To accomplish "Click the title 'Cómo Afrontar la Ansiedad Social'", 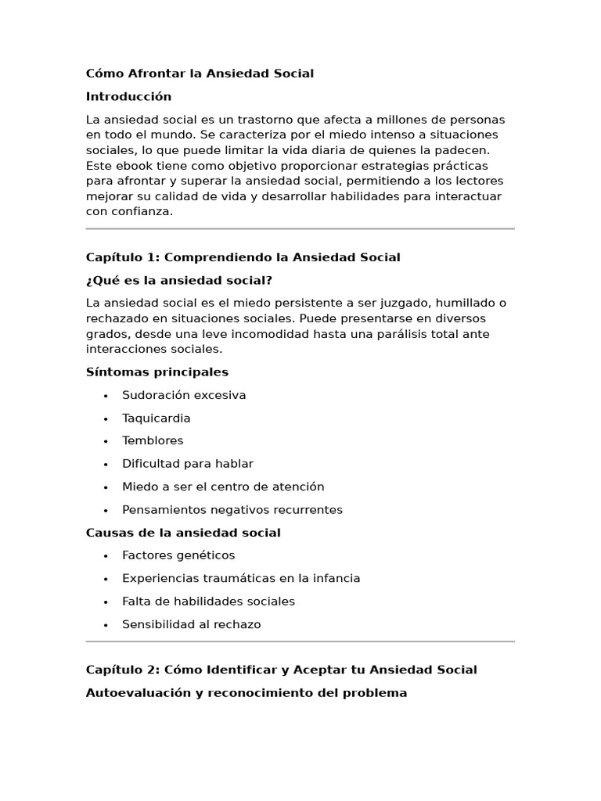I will point(200,74).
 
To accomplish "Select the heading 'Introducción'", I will point(128,97).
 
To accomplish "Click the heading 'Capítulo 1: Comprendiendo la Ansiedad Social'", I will point(243,257).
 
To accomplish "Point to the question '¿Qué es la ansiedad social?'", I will point(178,280).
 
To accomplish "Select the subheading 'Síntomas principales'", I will point(157,372).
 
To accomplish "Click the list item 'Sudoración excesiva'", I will point(184,395).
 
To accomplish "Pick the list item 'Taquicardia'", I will point(156,418).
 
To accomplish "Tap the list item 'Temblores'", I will point(153,441).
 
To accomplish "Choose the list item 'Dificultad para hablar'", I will point(187,464).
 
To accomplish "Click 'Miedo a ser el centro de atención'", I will point(222,487).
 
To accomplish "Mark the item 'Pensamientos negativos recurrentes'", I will point(232,510).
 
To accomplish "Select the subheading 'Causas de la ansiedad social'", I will point(182,533).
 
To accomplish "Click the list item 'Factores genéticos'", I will point(178,555).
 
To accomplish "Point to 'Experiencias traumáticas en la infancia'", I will point(240,579).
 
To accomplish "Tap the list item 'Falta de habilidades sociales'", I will point(208,602).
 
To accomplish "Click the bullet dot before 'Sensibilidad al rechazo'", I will point(106,625).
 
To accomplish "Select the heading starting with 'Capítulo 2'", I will point(281,670).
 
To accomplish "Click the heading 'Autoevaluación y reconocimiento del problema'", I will point(246,693).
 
